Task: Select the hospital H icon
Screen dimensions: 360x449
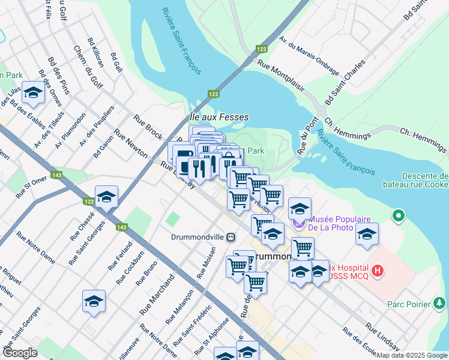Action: click(377, 271)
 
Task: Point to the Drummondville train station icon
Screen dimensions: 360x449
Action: click(230, 237)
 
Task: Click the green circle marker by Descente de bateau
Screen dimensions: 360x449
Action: click(397, 215)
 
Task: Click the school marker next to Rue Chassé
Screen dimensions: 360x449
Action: click(106, 197)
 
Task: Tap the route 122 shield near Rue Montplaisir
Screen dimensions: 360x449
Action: click(261, 49)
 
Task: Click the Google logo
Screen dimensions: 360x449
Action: click(20, 353)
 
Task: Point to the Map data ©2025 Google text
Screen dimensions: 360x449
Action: click(411, 355)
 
